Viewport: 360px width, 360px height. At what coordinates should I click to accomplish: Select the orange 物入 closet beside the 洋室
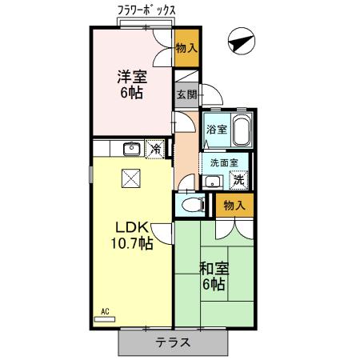coord(186,49)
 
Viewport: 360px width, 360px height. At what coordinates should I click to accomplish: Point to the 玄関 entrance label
coord(186,93)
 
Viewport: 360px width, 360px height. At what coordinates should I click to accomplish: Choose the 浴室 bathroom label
coord(217,129)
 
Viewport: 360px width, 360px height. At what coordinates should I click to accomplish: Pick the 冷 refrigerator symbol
coord(158,149)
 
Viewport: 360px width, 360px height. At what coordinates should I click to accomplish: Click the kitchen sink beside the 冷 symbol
coord(132,149)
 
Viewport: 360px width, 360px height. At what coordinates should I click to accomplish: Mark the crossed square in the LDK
coord(130,179)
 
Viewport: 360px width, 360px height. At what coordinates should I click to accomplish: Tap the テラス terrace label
coord(172,342)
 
